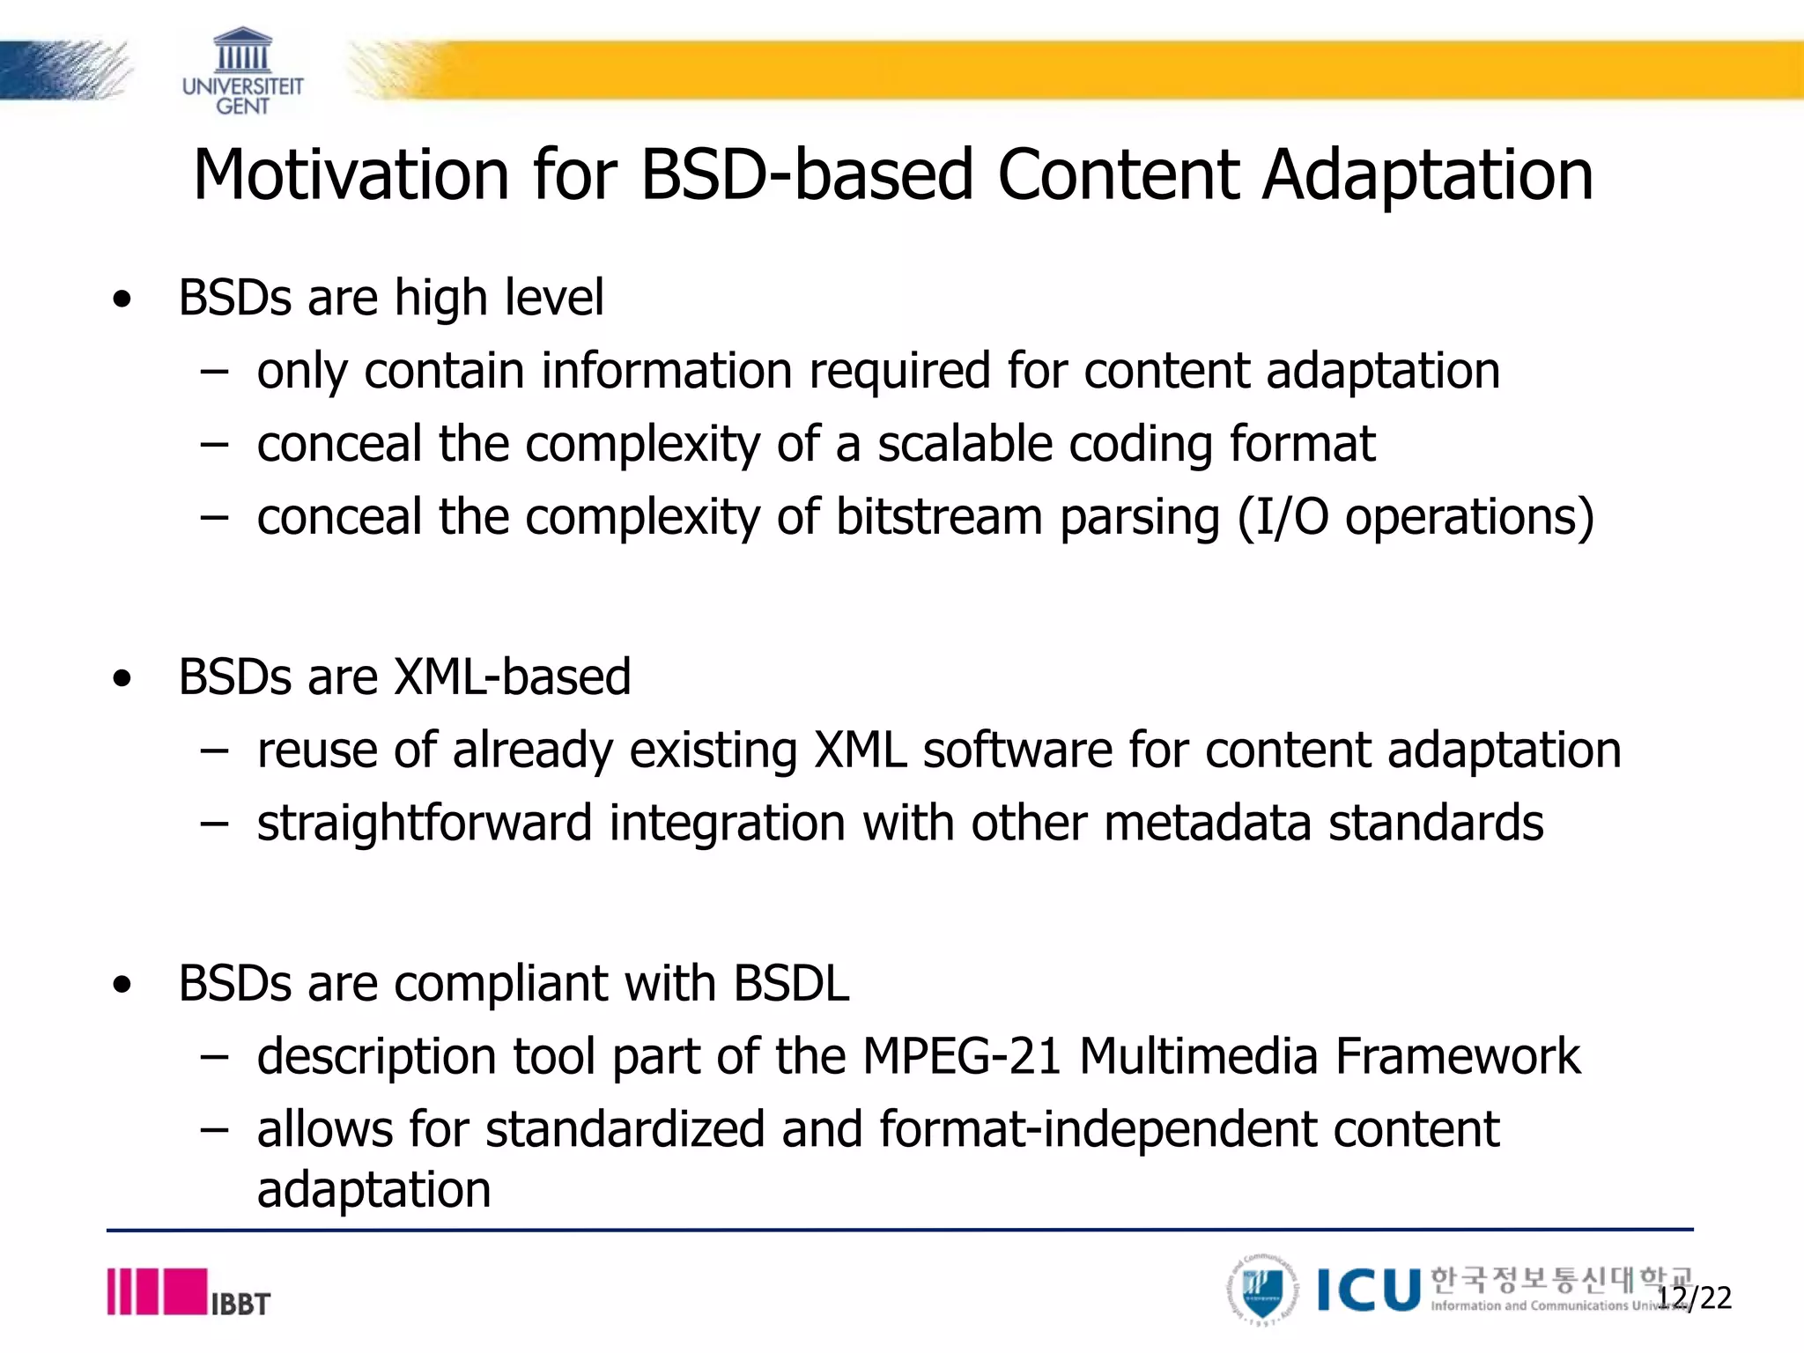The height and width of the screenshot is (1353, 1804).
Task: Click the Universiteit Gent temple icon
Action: coord(242,51)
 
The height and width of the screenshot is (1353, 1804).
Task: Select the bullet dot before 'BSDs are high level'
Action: coord(122,299)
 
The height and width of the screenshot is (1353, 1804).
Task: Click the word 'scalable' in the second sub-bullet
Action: coord(964,443)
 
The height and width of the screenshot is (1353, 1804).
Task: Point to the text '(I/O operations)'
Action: coord(1416,516)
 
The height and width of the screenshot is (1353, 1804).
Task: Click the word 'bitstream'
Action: coord(938,516)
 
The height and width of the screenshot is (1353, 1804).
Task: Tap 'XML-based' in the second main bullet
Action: coord(512,676)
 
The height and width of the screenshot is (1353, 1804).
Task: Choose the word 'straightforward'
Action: coord(424,823)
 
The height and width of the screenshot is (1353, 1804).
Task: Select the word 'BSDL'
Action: coord(791,983)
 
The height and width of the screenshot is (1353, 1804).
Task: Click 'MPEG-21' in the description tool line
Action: coord(961,1056)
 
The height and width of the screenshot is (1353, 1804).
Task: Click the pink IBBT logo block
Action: coord(183,1291)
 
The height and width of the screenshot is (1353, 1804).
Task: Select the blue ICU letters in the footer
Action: coord(1368,1290)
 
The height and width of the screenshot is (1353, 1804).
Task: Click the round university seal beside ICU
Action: coord(1262,1290)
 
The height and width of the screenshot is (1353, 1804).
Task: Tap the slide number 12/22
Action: coord(1695,1298)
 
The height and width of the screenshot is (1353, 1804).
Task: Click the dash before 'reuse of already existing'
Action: coord(214,751)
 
